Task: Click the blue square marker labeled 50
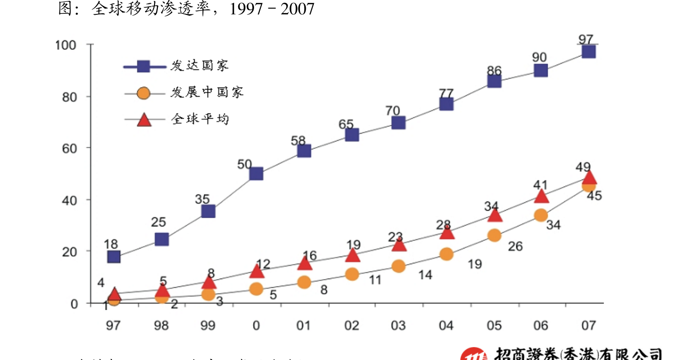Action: point(256,173)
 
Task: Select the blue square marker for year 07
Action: point(588,51)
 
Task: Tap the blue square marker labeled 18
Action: point(113,257)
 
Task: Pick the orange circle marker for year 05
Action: point(494,236)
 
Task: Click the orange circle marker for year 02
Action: point(352,274)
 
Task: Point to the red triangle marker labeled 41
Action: point(541,196)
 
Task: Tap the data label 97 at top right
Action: point(586,39)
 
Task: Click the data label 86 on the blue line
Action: point(494,71)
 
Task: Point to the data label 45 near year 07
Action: point(594,196)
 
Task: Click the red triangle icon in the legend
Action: point(144,120)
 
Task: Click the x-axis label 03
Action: point(398,326)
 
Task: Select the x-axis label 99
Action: point(208,326)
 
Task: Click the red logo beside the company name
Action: point(474,355)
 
